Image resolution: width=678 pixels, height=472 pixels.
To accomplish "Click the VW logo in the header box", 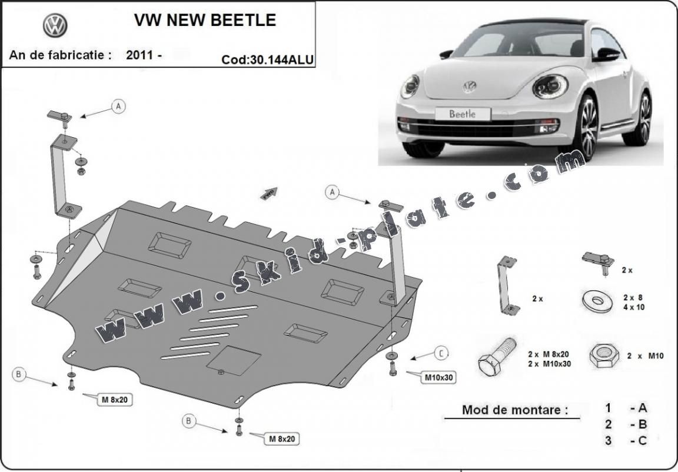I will point(55,25).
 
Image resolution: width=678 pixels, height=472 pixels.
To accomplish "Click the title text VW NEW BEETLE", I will point(205,20).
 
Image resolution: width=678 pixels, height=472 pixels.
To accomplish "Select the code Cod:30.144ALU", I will point(268,59).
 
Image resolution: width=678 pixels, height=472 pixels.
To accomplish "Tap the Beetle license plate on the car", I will point(462,114).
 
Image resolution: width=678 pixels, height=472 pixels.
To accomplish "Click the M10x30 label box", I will point(438,377).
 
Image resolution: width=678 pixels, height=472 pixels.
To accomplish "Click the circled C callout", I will point(441,353).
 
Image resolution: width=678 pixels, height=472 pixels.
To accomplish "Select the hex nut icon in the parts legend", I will point(604,355).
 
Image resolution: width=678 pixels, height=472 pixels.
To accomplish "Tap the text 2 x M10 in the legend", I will point(646,355).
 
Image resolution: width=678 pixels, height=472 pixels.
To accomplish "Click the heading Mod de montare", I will point(515,410).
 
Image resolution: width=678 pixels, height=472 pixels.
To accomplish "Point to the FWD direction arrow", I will point(270,194).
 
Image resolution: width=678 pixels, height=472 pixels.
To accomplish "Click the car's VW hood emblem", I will point(469,87).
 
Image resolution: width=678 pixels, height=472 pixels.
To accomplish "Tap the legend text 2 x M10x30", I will point(550,363).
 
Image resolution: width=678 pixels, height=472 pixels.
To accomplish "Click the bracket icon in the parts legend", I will point(507,285).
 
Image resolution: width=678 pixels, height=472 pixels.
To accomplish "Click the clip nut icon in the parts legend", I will point(598,261).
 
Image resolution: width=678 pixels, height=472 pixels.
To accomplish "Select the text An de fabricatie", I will point(60,55).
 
